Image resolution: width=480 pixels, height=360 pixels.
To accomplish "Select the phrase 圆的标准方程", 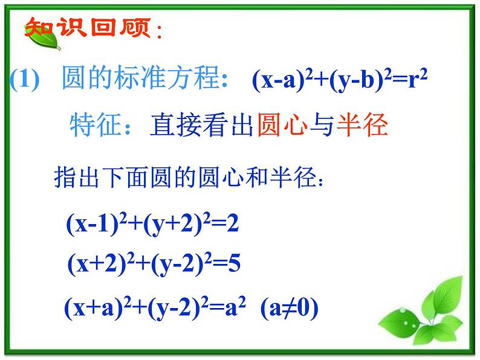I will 140,79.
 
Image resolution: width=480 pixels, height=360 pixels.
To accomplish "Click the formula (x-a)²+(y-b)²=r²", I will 340,80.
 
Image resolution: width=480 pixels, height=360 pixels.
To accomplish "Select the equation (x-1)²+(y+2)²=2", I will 153,225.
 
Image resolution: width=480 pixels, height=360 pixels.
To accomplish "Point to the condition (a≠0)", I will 289,309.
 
